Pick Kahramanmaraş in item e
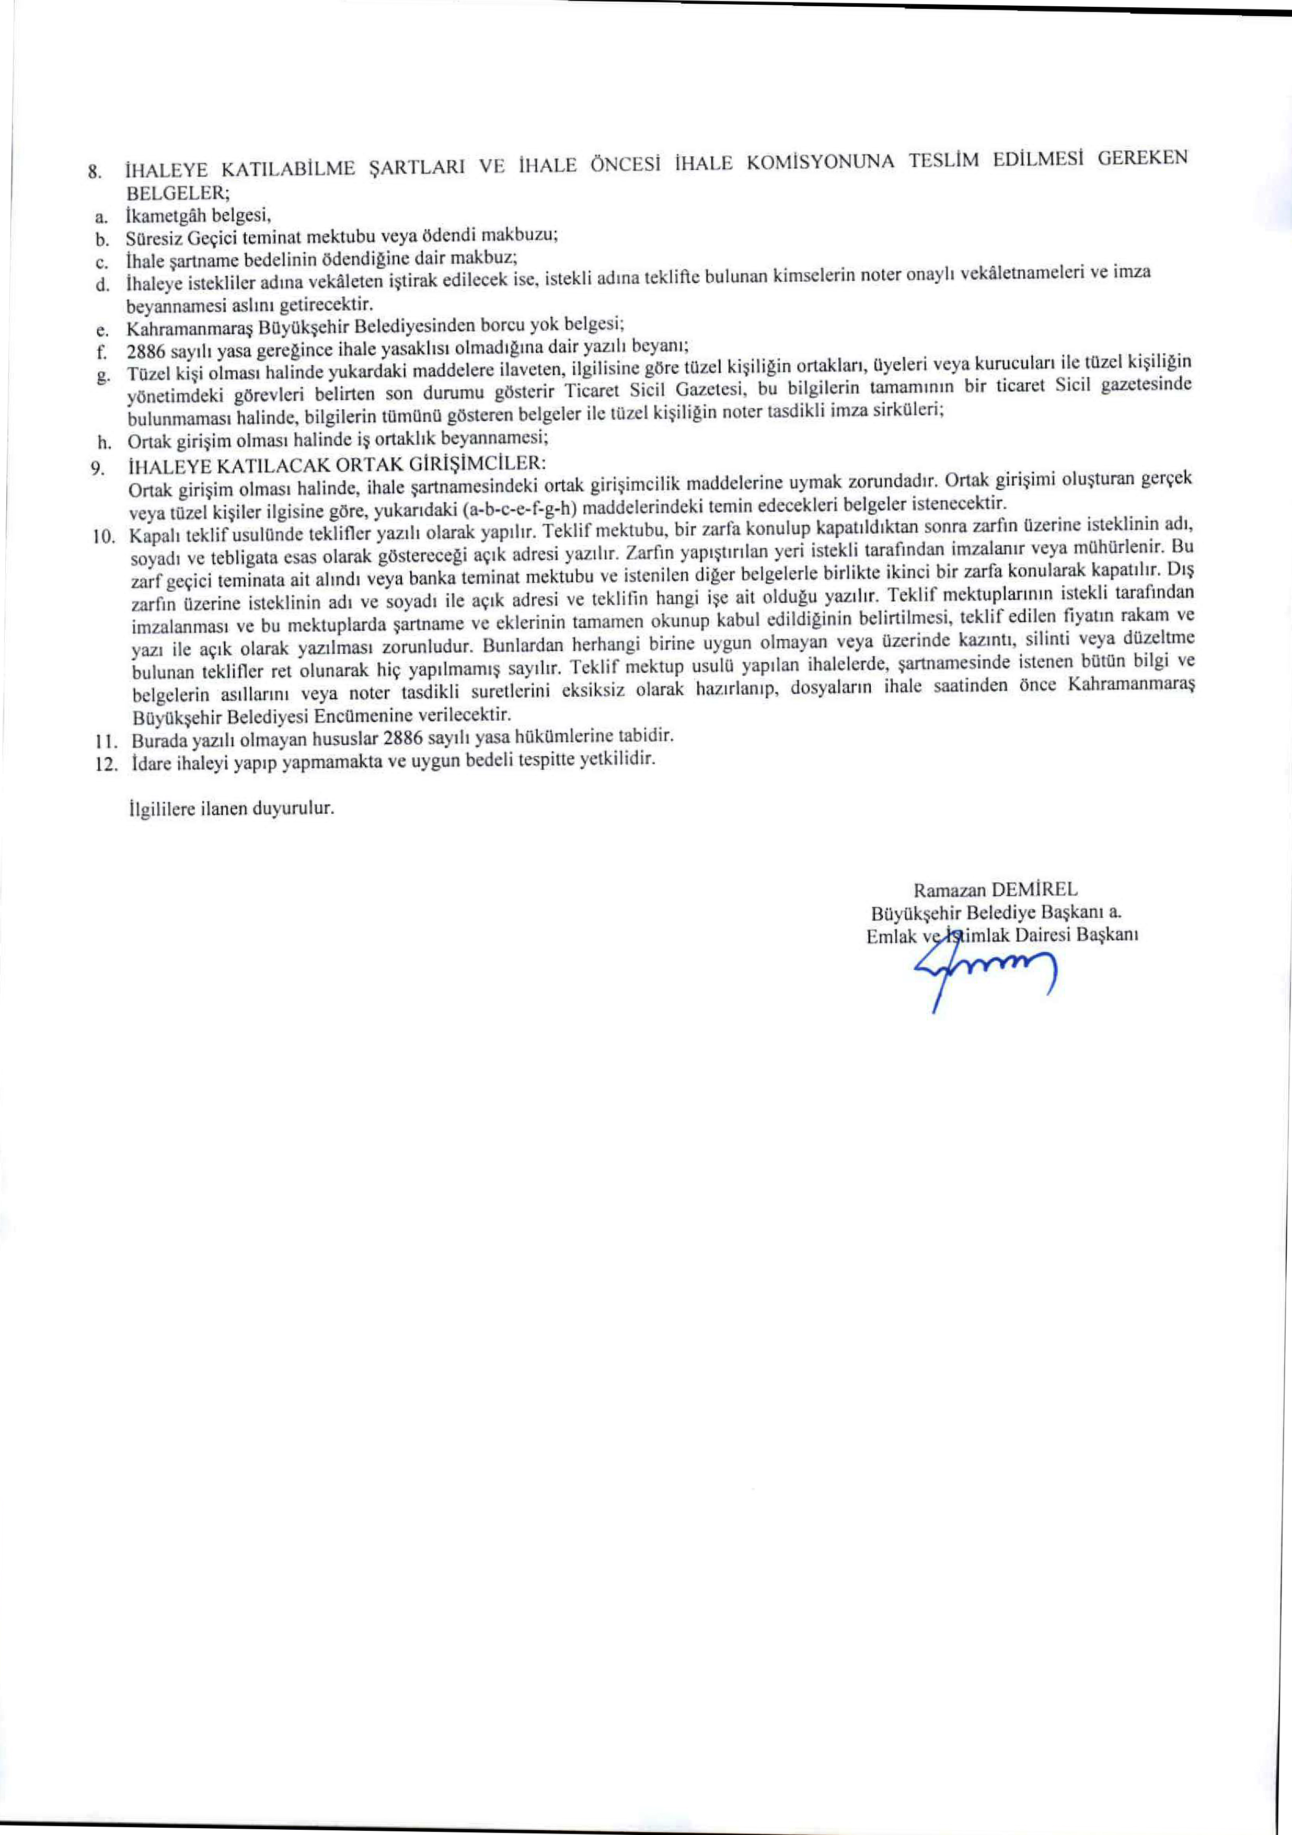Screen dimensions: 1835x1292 click(x=178, y=328)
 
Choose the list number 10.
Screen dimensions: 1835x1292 click(x=105, y=537)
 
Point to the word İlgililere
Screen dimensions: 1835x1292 click(x=160, y=808)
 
